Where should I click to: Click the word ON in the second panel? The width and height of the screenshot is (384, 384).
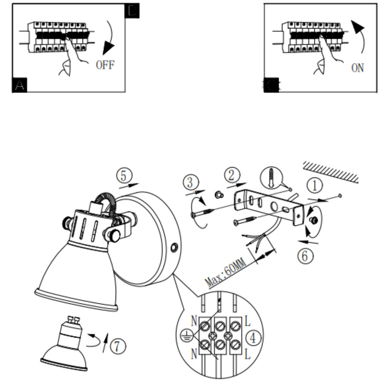tap(357, 68)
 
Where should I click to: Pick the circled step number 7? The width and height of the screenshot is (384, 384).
tap(119, 347)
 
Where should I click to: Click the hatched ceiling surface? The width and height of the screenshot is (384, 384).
tap(331, 170)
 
